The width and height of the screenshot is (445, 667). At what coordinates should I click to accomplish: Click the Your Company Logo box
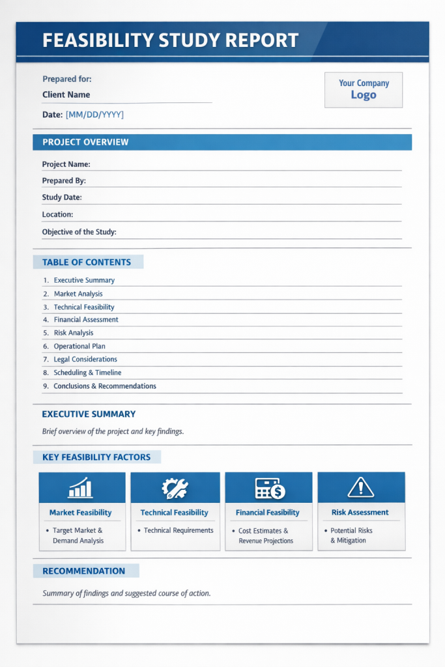click(x=364, y=89)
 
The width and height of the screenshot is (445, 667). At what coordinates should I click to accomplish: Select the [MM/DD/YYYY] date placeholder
click(x=94, y=115)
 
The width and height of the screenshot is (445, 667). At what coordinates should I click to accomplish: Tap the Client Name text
click(x=66, y=94)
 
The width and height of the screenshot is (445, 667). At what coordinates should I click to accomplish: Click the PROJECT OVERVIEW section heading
click(x=85, y=142)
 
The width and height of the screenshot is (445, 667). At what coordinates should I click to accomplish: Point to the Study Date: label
click(x=62, y=197)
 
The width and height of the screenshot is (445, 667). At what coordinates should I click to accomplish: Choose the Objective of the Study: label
click(x=79, y=232)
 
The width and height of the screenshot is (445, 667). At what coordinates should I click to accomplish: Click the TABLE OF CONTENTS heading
click(x=87, y=263)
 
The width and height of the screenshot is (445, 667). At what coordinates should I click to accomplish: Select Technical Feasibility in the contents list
click(x=84, y=307)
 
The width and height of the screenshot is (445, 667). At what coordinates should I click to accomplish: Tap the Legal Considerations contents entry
click(x=85, y=360)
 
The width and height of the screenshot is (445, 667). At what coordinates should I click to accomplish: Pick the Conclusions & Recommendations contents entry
click(x=105, y=386)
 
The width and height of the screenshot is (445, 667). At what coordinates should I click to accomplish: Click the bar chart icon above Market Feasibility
click(x=80, y=488)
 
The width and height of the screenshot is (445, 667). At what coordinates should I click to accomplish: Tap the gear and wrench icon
click(x=175, y=488)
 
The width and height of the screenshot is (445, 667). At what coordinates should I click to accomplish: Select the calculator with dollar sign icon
click(x=269, y=488)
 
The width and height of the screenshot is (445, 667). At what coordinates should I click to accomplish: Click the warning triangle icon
click(x=360, y=487)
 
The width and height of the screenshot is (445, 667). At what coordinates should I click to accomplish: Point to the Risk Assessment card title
click(x=360, y=513)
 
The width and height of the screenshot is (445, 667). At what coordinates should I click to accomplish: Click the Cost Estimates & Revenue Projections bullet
click(x=264, y=536)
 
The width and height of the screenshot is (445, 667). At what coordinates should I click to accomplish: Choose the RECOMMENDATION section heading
click(x=84, y=571)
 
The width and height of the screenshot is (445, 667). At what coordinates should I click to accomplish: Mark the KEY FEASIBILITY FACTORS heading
click(x=96, y=457)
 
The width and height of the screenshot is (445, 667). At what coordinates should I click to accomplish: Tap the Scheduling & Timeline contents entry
click(x=87, y=373)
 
